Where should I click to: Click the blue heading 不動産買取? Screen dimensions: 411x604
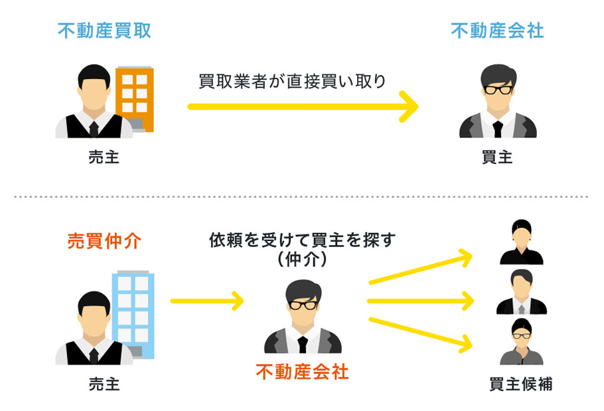pyautogui.click(x=104, y=31)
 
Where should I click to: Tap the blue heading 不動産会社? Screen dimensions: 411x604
pyautogui.click(x=497, y=31)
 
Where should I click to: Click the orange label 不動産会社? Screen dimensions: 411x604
pyautogui.click(x=302, y=372)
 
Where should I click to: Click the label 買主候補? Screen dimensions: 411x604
pyautogui.click(x=520, y=384)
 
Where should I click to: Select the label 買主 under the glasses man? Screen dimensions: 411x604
pyautogui.click(x=497, y=157)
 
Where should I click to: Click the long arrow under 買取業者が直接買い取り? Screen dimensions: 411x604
pyautogui.click(x=302, y=106)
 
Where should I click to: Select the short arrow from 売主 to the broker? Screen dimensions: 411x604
pyautogui.click(x=206, y=301)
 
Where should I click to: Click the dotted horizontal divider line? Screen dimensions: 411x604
pyautogui.click(x=302, y=197)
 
